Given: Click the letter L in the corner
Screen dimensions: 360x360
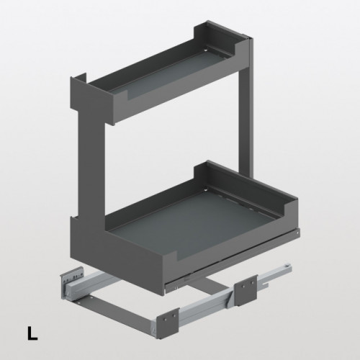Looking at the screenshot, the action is tap(32, 333).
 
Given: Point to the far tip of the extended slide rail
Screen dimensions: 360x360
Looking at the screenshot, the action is tap(289, 266).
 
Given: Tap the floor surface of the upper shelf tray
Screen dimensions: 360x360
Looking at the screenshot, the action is tap(168, 72).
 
